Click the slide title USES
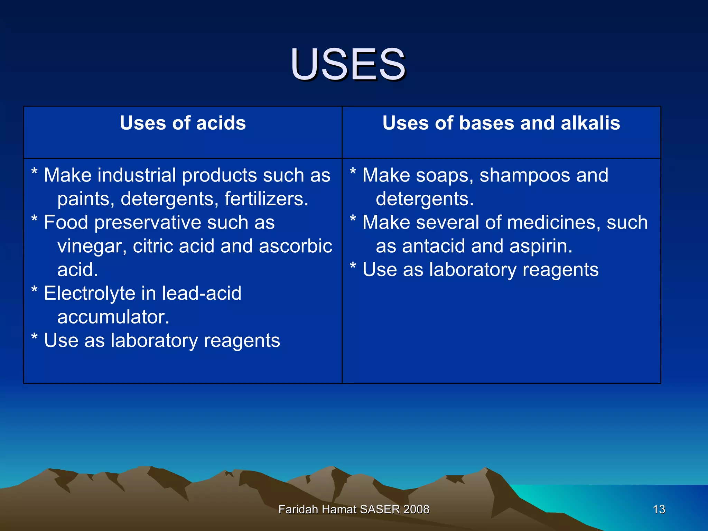point(348,65)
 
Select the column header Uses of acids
point(183,123)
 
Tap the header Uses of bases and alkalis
point(501,123)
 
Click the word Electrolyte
point(90,294)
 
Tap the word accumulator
point(113,317)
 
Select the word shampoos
point(524,176)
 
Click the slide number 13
point(659,509)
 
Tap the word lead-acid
point(202,294)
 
